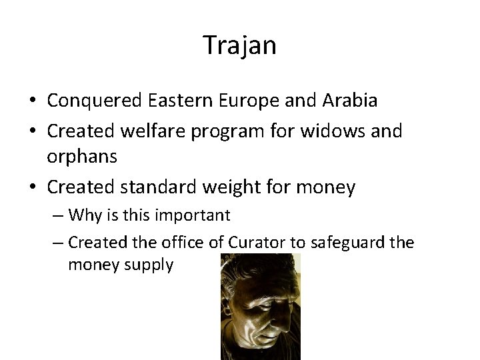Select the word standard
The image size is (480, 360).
[x=164, y=187]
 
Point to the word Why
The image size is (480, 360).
[x=83, y=216]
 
